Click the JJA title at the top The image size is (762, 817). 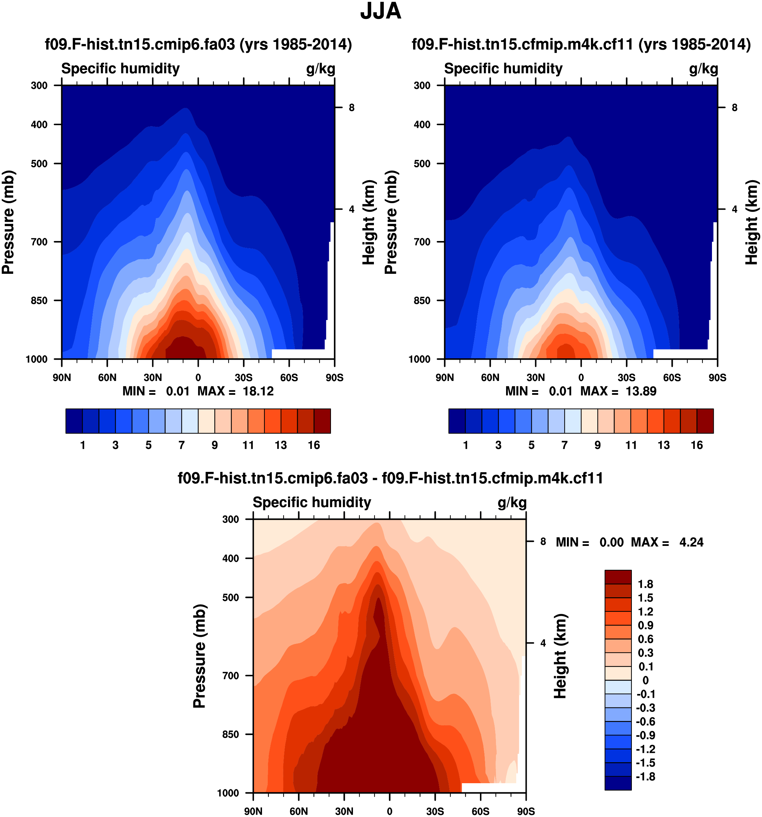pyautogui.click(x=381, y=11)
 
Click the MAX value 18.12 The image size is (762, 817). pyautogui.click(x=258, y=391)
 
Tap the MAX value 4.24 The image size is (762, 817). pyautogui.click(x=691, y=543)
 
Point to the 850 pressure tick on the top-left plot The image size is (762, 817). pyautogui.click(x=40, y=301)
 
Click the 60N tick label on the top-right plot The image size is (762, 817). pyautogui.click(x=490, y=378)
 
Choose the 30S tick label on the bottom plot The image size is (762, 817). pyautogui.click(x=435, y=811)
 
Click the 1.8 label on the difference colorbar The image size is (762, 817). pyautogui.click(x=645, y=584)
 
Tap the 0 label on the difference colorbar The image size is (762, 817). pyautogui.click(x=645, y=680)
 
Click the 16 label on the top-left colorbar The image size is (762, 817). pyautogui.click(x=314, y=445)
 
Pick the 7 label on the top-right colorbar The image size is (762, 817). pyautogui.click(x=565, y=445)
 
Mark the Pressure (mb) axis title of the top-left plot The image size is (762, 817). pyautogui.click(x=8, y=222)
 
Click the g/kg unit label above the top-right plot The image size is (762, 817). pyautogui.click(x=703, y=69)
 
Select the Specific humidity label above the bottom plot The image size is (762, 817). pyautogui.click(x=312, y=503)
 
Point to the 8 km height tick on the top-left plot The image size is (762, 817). pyautogui.click(x=351, y=108)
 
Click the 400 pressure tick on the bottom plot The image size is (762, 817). pyautogui.click(x=231, y=558)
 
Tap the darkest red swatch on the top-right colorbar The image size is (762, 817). pyautogui.click(x=705, y=421)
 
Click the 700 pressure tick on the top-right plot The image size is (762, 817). pyautogui.click(x=422, y=242)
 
